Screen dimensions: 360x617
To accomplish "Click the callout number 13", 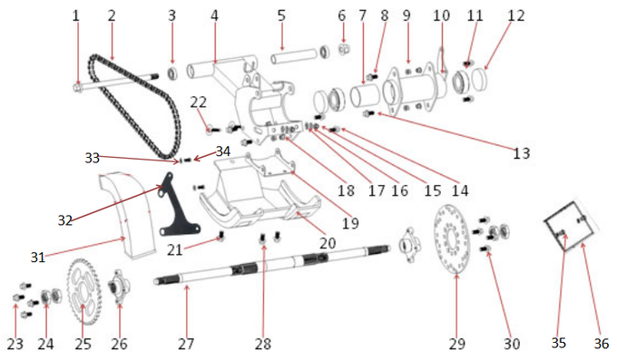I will point(520,153).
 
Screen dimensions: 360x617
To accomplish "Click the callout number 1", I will point(76,15).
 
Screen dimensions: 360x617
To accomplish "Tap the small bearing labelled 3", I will point(171,73).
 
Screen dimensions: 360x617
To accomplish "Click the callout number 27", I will point(185,344).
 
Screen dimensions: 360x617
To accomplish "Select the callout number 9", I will point(406,15).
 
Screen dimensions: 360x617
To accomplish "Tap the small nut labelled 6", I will point(344,48).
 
